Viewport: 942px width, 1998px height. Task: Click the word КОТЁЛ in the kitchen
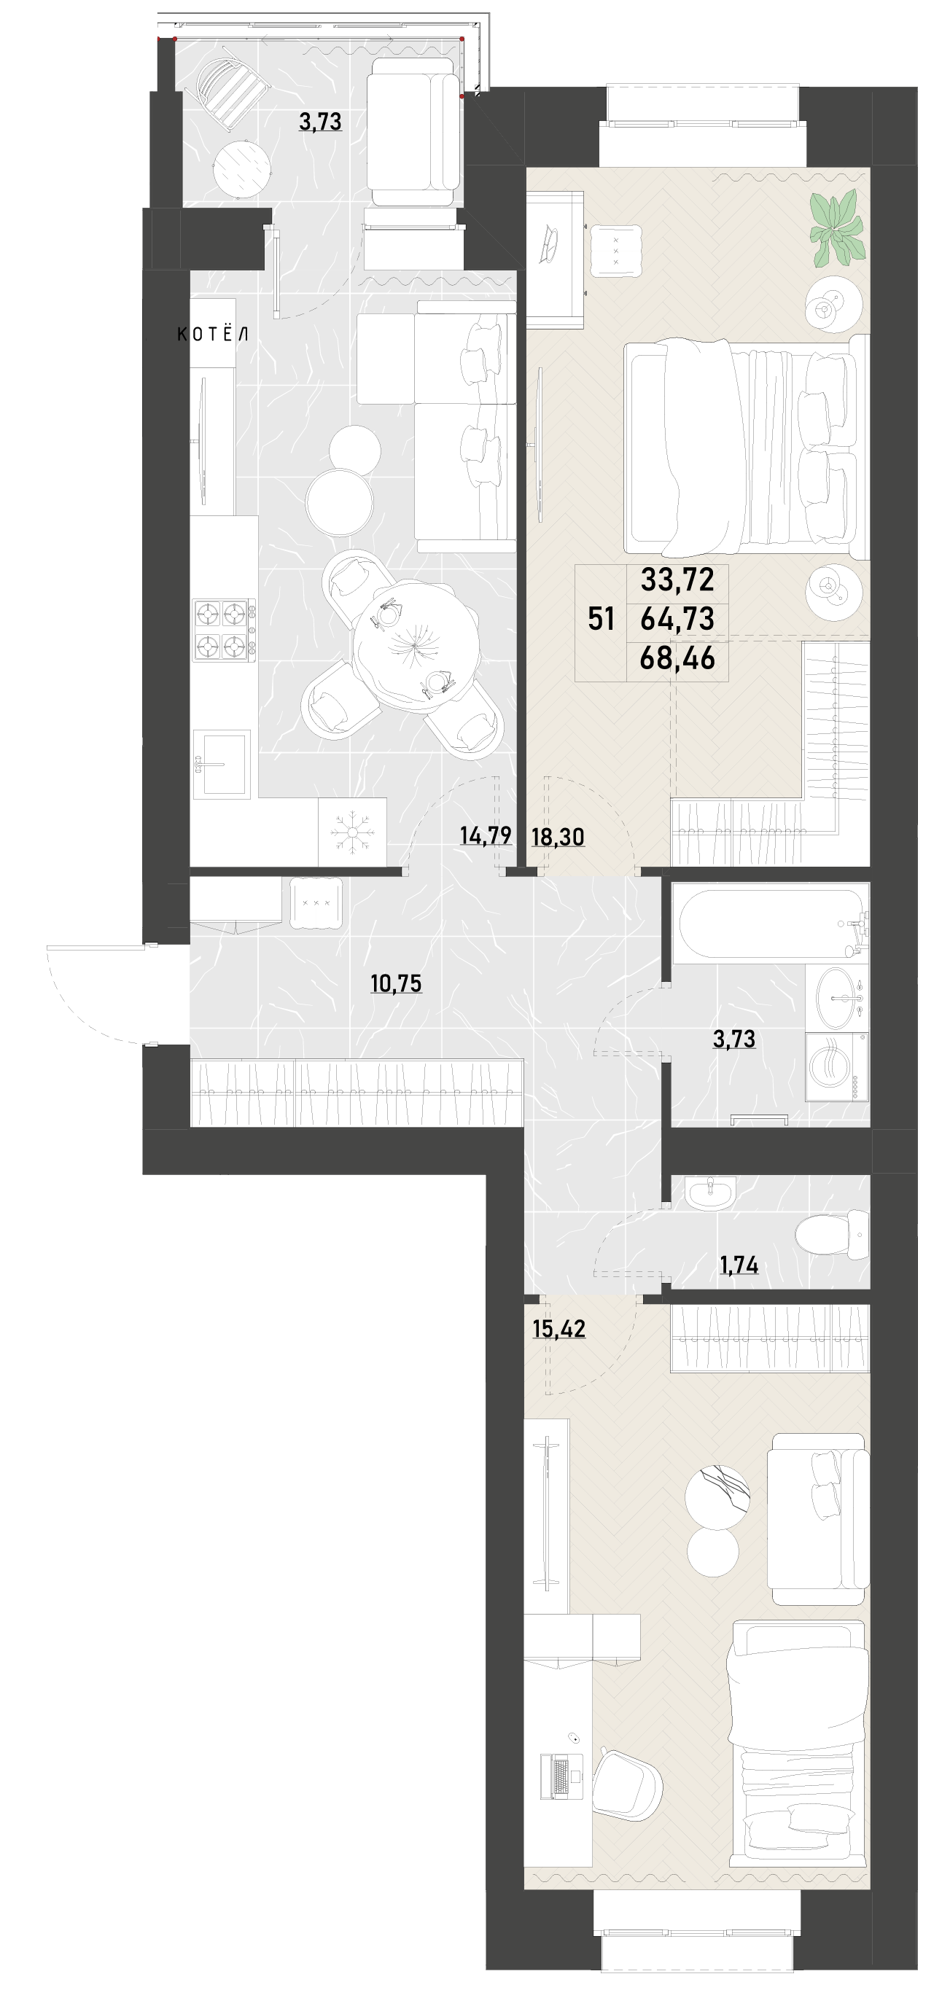coord(213,335)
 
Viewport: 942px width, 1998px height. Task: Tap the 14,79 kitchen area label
coord(486,835)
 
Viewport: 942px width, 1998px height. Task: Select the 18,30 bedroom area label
coord(558,837)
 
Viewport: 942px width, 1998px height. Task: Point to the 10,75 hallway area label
coord(396,983)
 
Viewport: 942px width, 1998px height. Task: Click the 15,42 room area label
coord(558,1329)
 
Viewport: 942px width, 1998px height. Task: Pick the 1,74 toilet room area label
coord(739,1265)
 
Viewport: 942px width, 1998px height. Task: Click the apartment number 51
coord(602,619)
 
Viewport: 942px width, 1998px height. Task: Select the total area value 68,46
coord(677,658)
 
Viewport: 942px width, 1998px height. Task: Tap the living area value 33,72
coord(677,579)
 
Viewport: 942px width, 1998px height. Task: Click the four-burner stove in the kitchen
coord(225,630)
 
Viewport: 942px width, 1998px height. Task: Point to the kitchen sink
coord(222,763)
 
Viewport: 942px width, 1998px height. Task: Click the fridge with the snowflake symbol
coord(352,832)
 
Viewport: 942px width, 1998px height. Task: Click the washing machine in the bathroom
coord(836,1066)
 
